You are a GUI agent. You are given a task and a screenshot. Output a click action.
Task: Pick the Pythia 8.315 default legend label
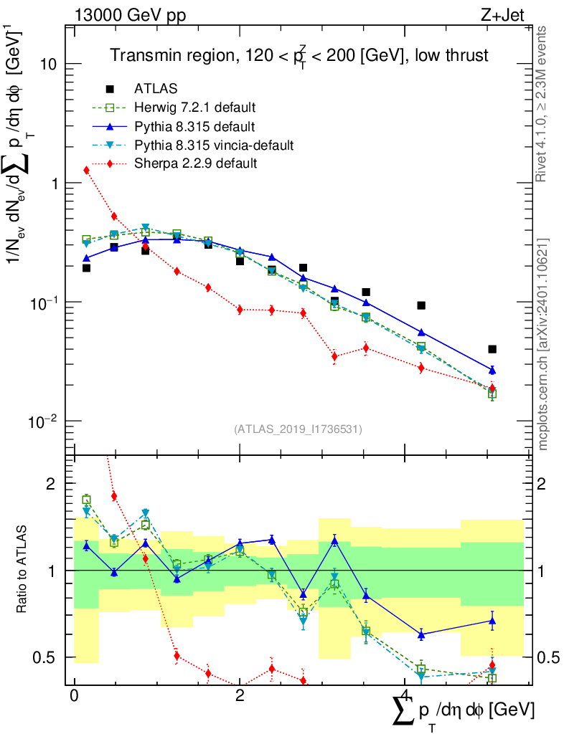[x=194, y=127]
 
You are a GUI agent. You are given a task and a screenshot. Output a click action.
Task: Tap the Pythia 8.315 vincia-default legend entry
[x=214, y=146]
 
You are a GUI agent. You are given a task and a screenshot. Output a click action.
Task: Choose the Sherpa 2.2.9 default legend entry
[x=195, y=164]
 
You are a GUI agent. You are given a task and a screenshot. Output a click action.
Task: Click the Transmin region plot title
[x=299, y=55]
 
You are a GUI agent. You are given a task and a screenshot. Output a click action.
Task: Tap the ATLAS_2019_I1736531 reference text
[x=298, y=429]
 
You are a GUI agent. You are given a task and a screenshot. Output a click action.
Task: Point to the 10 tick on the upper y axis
[x=48, y=65]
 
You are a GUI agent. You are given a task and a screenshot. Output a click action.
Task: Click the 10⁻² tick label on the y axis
[x=44, y=420]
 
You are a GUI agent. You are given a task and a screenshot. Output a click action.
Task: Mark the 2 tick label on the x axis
[x=240, y=696]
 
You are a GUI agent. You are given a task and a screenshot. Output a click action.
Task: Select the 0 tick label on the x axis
[x=74, y=696]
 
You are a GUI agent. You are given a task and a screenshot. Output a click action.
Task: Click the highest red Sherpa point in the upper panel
[x=86, y=170]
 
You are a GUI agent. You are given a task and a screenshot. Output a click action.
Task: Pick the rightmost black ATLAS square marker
[x=492, y=349]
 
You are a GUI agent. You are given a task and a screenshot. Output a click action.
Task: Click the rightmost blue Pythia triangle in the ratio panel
[x=492, y=621]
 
